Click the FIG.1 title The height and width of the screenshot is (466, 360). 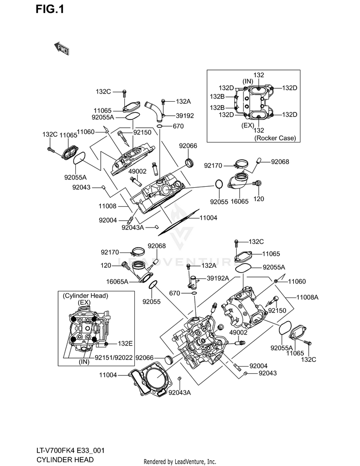point(49,10)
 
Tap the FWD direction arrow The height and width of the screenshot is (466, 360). point(61,48)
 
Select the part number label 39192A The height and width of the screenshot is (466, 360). point(218,278)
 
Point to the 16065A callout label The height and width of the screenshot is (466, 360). point(117,281)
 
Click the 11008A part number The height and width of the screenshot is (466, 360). point(307,297)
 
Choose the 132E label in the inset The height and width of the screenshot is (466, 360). point(125,344)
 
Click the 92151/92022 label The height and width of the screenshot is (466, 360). point(114,358)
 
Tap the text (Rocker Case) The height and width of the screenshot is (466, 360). point(275,138)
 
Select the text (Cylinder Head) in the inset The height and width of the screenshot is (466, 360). point(85,296)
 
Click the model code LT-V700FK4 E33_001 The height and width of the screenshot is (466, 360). point(71,451)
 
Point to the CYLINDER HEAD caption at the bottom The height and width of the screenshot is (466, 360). point(65,459)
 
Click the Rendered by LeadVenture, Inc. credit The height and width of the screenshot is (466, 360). point(180,462)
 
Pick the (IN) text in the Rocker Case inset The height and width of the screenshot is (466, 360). point(248,82)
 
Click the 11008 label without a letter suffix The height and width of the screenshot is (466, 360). point(108,206)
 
